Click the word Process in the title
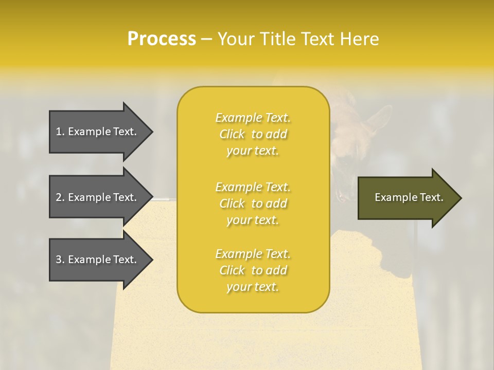[162, 39]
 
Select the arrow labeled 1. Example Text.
[98, 132]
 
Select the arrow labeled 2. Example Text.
[98, 197]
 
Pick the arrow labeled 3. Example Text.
[98, 260]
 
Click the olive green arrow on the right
[407, 198]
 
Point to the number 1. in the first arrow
[60, 132]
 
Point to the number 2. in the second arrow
[60, 197]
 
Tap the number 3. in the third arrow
[60, 260]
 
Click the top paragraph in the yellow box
[253, 134]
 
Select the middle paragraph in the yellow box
[253, 203]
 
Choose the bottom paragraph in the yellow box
[253, 270]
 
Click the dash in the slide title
[206, 39]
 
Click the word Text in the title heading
[316, 39]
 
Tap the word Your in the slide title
[236, 39]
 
